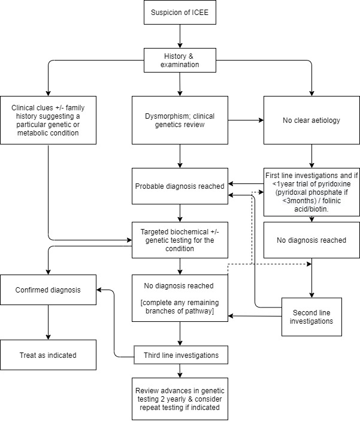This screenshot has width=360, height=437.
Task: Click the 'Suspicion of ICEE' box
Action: pyautogui.click(x=180, y=12)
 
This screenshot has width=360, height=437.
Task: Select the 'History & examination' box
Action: pyautogui.click(x=180, y=60)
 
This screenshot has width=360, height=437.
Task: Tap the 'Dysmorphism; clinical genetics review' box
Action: pyautogui.click(x=180, y=120)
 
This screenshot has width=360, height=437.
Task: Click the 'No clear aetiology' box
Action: pyautogui.click(x=311, y=120)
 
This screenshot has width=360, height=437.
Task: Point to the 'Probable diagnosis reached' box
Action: pyautogui.click(x=180, y=186)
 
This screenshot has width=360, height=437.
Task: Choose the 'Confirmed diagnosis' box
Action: pyautogui.click(x=48, y=290)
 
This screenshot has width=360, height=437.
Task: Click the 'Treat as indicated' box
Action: pyautogui.click(x=48, y=355)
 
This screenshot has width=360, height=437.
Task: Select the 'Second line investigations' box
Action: pyautogui.click(x=311, y=317)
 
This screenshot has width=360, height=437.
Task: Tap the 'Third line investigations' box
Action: pyautogui.click(x=181, y=355)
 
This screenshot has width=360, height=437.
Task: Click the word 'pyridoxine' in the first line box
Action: pyautogui.click(x=334, y=184)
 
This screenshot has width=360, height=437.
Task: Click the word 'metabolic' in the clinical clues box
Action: pyautogui.click(x=31, y=132)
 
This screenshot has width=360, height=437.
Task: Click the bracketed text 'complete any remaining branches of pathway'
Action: pyautogui.click(x=180, y=306)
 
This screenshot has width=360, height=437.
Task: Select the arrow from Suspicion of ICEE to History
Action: pyautogui.click(x=180, y=36)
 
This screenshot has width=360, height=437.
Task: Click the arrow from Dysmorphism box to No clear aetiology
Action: pyautogui.click(x=246, y=120)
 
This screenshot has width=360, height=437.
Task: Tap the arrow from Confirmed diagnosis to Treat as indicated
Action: pyautogui.click(x=48, y=322)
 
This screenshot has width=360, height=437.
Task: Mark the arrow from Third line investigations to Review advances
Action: pyautogui.click(x=180, y=371)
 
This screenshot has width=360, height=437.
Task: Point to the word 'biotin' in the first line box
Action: pyautogui.click(x=319, y=209)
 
